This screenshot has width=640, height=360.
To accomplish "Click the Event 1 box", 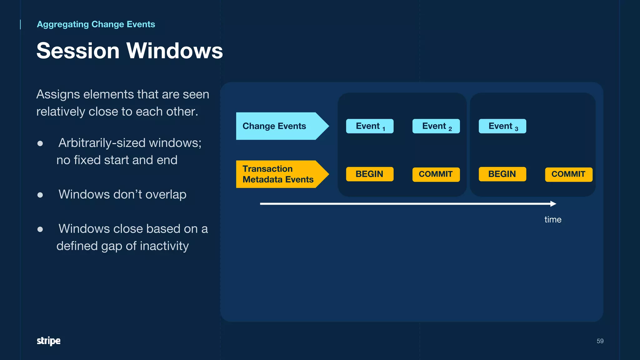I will (x=370, y=126).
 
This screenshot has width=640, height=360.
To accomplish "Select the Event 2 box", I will (x=436, y=126).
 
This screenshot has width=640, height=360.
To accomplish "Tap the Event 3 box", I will (x=502, y=126).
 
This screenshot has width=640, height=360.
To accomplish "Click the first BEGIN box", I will (x=370, y=174).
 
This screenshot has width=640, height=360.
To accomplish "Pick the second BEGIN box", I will (x=502, y=174).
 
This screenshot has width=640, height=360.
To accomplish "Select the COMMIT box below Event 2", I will (x=436, y=174).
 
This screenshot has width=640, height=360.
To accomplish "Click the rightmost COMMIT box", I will (x=568, y=174).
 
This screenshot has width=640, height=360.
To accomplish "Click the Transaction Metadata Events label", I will (x=277, y=174).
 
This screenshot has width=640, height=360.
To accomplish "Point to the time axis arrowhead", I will (x=553, y=204).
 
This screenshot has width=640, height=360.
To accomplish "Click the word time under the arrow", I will (x=552, y=219).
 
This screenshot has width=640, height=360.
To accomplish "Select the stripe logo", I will (x=48, y=341).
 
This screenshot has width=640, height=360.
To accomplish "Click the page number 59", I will (x=600, y=341).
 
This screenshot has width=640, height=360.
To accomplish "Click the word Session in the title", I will (x=78, y=51).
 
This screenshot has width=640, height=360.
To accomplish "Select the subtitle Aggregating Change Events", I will (x=96, y=24).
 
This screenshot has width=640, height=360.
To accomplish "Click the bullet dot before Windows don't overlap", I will (x=40, y=195).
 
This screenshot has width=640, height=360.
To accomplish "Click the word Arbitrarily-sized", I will (x=102, y=143).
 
